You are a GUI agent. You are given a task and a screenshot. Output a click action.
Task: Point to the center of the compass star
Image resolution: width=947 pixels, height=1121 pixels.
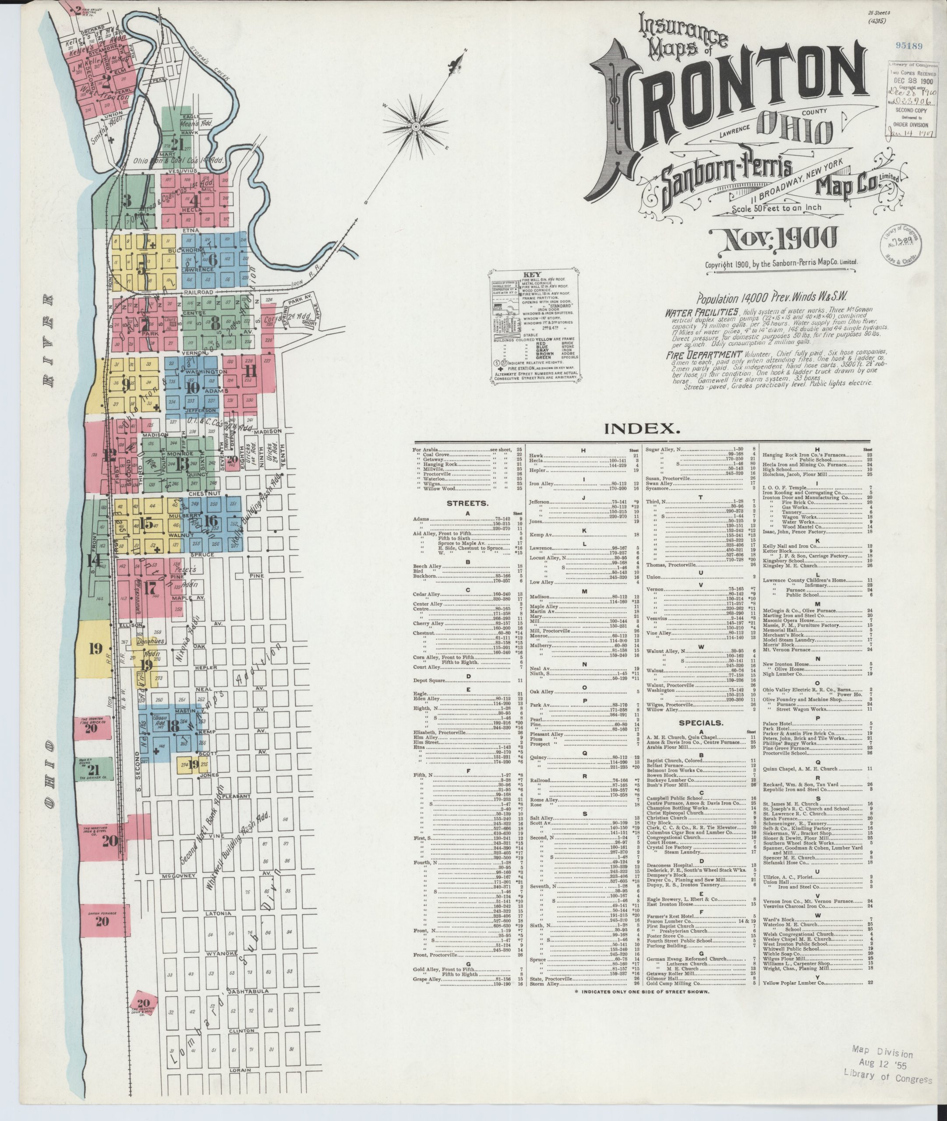click(416, 127)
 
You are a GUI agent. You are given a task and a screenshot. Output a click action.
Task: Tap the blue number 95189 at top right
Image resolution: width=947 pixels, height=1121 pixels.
click(908, 46)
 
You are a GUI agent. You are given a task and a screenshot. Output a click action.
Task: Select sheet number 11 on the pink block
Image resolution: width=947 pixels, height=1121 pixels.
click(250, 371)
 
